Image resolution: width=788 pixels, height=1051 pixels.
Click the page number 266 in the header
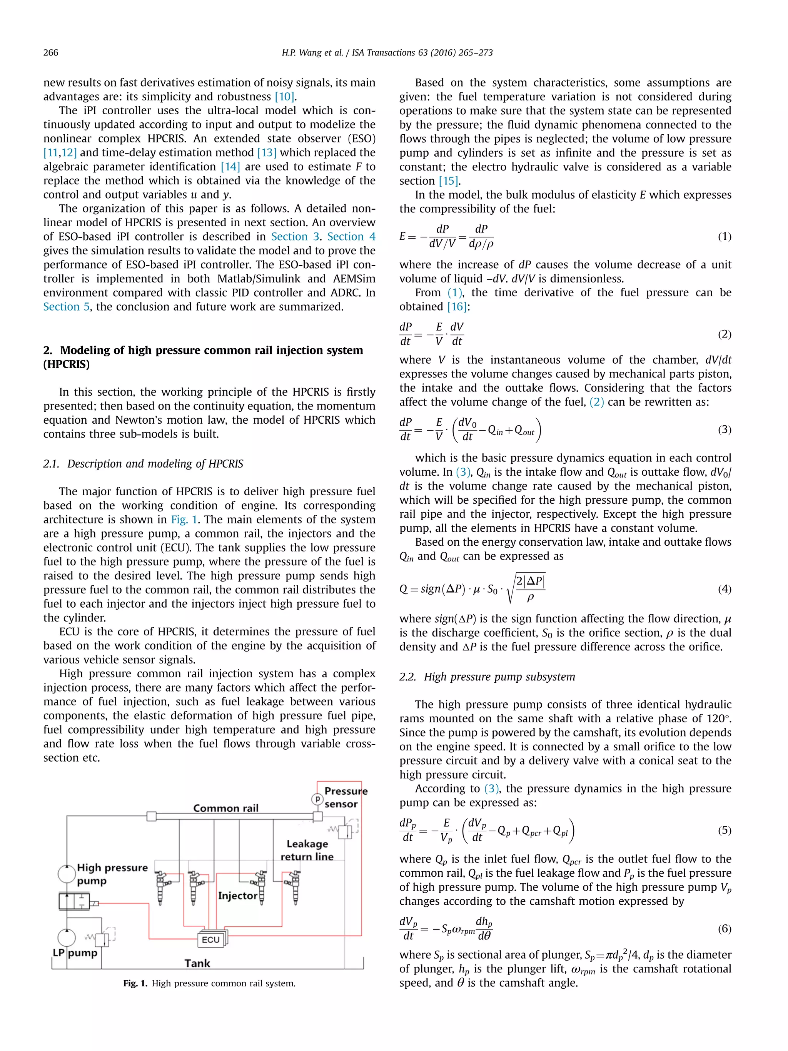[x=51, y=53]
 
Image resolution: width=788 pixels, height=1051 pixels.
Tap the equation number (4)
[x=724, y=589]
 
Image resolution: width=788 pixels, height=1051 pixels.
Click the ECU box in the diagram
[x=210, y=940]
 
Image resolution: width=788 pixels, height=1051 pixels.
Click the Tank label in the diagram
[x=197, y=963]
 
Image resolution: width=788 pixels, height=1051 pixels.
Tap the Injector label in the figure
[x=237, y=896]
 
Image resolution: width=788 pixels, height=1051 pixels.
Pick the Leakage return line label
[x=307, y=850]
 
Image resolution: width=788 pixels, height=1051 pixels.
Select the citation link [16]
[x=457, y=307]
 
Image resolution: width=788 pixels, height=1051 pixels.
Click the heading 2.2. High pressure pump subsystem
[x=487, y=677]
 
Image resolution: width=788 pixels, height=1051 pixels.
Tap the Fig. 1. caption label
[x=135, y=984]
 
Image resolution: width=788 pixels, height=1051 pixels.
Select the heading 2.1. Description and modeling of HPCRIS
[x=143, y=464]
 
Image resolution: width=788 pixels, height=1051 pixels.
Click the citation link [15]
[x=448, y=181]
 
